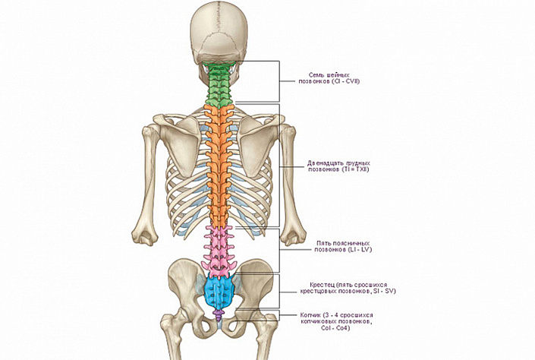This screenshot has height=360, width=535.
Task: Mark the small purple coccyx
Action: tap(219, 314)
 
